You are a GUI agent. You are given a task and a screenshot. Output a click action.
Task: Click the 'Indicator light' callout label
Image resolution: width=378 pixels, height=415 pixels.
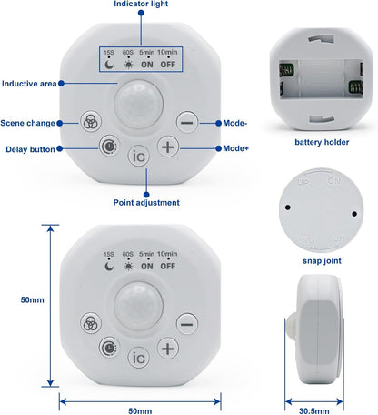(x=141, y=4)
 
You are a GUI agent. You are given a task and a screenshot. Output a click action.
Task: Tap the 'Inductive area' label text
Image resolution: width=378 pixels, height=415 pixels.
(x=29, y=84)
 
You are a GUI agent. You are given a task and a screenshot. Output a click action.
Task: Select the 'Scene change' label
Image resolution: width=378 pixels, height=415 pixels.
(x=27, y=123)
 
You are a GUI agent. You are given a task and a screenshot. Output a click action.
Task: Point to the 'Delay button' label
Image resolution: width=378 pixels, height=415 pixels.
(x=30, y=149)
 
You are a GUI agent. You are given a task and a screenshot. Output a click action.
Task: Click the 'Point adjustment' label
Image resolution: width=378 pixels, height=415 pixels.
(x=146, y=203)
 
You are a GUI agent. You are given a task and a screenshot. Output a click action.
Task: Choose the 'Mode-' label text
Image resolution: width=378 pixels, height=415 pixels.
(x=235, y=123)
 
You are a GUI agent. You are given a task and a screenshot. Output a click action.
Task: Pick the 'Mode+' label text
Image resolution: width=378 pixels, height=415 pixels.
(x=235, y=148)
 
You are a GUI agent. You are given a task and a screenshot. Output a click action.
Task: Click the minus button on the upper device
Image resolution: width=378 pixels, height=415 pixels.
(x=187, y=122)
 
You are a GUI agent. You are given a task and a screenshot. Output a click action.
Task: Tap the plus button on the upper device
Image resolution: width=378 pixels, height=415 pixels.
(x=168, y=147)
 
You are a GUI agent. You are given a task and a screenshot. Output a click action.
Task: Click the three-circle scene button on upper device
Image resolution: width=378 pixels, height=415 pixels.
(x=91, y=121)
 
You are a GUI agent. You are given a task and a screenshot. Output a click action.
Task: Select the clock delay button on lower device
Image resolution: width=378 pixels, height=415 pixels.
(x=109, y=348)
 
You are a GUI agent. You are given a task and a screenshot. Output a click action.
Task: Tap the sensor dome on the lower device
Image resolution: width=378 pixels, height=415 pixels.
(x=138, y=306)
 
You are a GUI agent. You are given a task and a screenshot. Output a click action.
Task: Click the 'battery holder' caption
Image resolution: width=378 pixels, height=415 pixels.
(x=322, y=142)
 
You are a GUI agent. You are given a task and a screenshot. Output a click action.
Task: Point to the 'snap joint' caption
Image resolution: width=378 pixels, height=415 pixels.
(x=322, y=261)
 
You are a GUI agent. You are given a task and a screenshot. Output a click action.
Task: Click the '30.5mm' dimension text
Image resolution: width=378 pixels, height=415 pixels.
(x=314, y=411)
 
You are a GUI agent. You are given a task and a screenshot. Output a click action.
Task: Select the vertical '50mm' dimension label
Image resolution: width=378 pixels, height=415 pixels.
(x=32, y=300)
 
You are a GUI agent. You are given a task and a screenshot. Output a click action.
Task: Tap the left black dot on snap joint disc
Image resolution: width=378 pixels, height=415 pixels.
(x=288, y=207)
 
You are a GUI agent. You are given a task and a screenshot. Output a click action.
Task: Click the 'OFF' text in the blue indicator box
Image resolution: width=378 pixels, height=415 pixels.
(x=168, y=65)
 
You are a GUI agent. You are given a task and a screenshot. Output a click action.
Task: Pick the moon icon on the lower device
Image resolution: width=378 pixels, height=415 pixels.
(x=109, y=267)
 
